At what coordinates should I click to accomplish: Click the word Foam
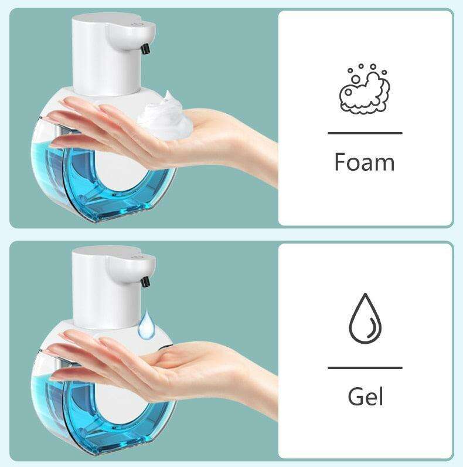point(365,162)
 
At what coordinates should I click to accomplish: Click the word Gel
point(365,397)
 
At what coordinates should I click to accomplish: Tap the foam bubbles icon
point(365,89)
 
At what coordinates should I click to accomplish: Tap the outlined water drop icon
point(365,319)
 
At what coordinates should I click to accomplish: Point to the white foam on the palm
point(165,116)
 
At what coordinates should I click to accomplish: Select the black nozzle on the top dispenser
point(145,49)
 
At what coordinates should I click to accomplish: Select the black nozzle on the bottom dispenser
point(145,282)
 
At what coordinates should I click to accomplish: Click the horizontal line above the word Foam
point(365,133)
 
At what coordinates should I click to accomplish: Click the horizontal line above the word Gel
point(365,368)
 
